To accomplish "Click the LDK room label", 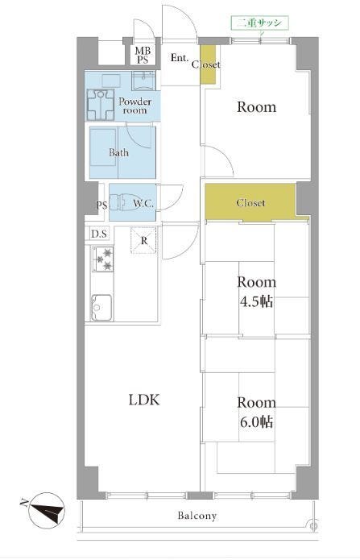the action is pos(144,400).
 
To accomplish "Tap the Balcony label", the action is pos(197,516).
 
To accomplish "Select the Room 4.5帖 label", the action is pos(256,292).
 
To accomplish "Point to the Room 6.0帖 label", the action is pos(256,412).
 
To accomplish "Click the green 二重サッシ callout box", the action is pos(260,23).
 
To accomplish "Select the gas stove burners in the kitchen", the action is pos(103,259).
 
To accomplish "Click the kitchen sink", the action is pos(101,307).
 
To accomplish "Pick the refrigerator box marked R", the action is pos(143,240).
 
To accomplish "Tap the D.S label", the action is pos(98,234).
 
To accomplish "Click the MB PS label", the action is pos(143,56).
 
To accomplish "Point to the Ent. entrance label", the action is pos(180,57).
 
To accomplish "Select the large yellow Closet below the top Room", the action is pos(250,202).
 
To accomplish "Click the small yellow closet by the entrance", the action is pos(208,64).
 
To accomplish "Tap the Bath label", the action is pos(118,152).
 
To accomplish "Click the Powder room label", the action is pos(135,106).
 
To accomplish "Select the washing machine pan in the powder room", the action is pos(101,105).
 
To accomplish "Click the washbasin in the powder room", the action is pos(143,81).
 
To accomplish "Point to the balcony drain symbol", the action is pos(313,525).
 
